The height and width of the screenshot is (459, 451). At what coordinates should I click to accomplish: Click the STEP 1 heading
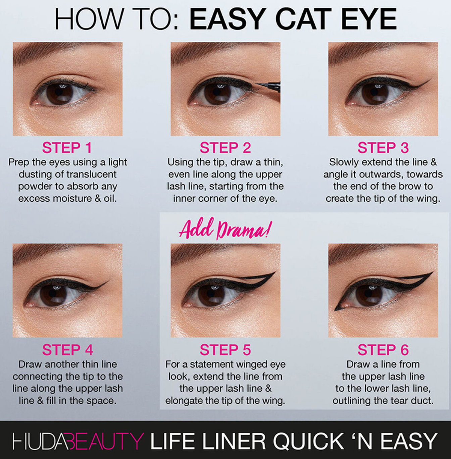(x=67, y=148)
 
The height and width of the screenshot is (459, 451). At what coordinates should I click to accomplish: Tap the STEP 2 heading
(x=225, y=148)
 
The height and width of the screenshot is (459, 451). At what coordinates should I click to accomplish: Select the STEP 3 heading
(x=383, y=148)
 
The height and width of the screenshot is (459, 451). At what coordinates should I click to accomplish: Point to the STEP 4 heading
(x=67, y=350)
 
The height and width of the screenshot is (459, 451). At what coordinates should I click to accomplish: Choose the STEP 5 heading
(x=225, y=350)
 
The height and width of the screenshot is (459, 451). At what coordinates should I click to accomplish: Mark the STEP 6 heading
(x=383, y=350)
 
